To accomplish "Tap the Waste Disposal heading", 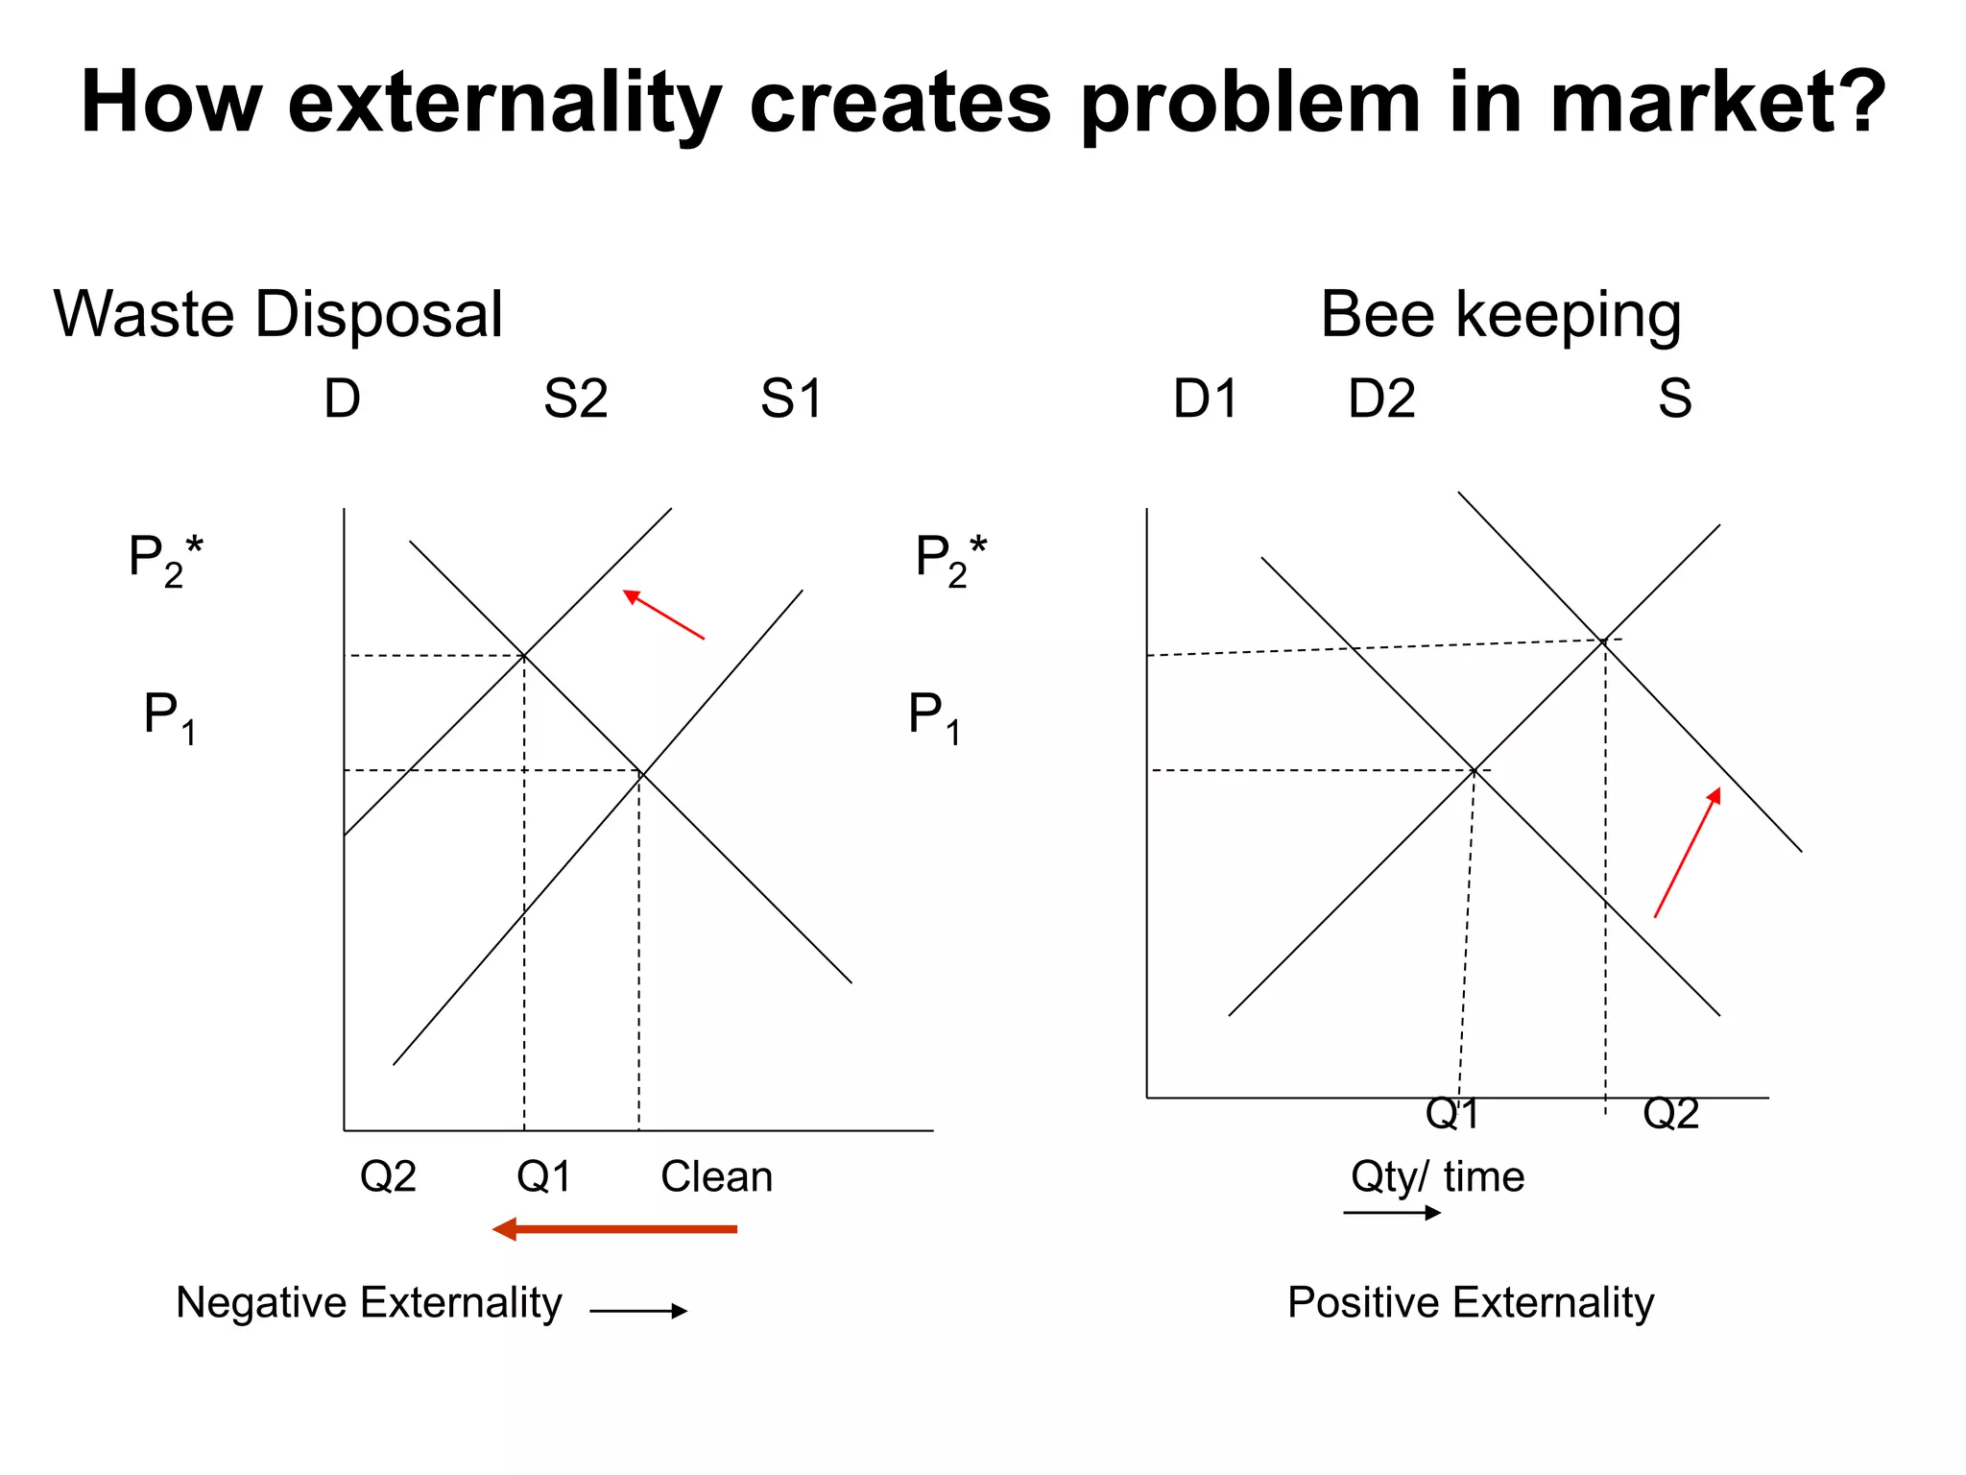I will point(277,314).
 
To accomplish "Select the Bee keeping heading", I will point(1500,314).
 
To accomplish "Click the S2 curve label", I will point(575,399).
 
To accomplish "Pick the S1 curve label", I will point(791,399).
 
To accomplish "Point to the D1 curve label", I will point(1206,399).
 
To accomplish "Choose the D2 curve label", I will point(1381,399).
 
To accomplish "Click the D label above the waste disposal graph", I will point(342,399).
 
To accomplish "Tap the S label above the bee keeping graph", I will point(1674,399).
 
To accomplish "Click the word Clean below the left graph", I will point(716,1176).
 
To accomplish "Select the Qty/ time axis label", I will point(1437,1176).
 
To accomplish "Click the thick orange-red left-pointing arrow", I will point(614,1229).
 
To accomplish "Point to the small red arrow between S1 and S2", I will point(663,615).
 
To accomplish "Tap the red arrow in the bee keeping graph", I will point(1687,853).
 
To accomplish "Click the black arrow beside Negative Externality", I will point(638,1311).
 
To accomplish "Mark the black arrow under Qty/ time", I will point(1392,1213).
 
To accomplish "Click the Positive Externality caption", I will point(1471,1303).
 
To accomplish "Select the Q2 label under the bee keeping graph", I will point(1670,1114).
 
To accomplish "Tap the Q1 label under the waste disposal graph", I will point(543,1176).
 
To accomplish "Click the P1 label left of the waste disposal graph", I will point(170,716).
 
